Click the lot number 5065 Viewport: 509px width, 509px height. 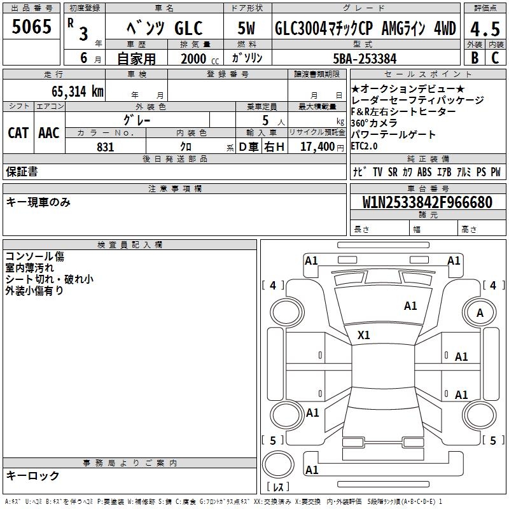(x=31, y=26)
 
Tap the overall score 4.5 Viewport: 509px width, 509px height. (x=485, y=29)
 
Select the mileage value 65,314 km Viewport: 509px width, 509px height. (x=77, y=91)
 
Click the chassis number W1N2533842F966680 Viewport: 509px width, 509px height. (x=427, y=202)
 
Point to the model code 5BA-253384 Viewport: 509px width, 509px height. (x=365, y=59)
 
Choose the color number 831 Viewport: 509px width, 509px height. (x=105, y=147)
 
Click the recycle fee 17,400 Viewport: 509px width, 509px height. (x=317, y=146)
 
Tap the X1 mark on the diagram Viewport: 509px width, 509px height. (x=363, y=335)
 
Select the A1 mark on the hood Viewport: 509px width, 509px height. (x=410, y=305)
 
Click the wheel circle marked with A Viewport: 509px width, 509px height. (x=480, y=312)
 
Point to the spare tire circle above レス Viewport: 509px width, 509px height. (x=278, y=464)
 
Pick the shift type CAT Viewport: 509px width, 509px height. (x=18, y=132)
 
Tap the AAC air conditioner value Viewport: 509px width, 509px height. (x=49, y=132)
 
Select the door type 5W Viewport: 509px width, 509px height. (x=246, y=28)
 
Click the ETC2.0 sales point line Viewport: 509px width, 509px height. (x=364, y=146)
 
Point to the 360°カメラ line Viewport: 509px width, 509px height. (x=374, y=123)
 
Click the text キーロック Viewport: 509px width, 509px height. (x=32, y=475)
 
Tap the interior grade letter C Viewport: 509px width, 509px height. (x=495, y=58)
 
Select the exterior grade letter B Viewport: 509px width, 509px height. (x=475, y=58)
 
